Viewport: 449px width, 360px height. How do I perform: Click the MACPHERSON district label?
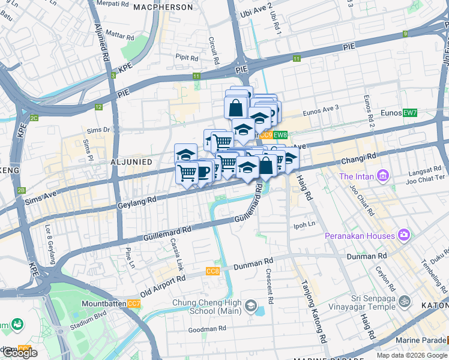[163, 7]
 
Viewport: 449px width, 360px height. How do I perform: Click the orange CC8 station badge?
[212, 272]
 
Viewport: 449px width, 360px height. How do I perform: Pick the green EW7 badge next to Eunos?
[410, 113]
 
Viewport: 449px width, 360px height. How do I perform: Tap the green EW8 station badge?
[281, 136]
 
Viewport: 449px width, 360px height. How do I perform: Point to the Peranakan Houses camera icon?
[405, 235]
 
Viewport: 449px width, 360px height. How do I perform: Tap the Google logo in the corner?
[20, 353]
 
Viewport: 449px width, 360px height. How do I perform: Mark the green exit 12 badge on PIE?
[98, 107]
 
